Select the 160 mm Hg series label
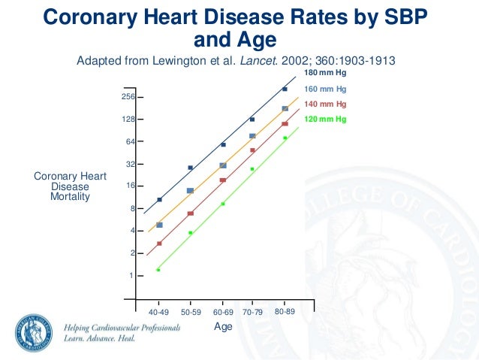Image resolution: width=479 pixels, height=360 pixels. coord(325,89)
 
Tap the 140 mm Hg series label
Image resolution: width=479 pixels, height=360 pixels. coord(325,104)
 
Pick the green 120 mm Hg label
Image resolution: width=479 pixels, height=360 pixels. coord(325,119)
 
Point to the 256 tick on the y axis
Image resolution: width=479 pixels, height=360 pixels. coord(128,98)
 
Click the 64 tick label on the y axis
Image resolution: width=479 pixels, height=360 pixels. coord(130,141)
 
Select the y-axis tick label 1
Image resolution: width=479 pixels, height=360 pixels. coord(131,276)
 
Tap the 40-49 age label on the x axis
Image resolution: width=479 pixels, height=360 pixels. coord(158,311)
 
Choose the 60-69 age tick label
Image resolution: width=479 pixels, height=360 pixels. coord(223,311)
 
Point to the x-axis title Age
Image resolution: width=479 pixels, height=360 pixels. coord(223,326)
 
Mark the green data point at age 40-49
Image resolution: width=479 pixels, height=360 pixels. coord(158,270)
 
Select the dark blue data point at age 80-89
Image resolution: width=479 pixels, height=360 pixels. coord(285,89)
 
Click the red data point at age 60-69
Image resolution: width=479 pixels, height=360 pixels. coord(223,180)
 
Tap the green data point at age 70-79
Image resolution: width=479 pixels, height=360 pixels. coord(252,169)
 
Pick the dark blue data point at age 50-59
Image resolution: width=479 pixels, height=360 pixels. coord(191,168)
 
